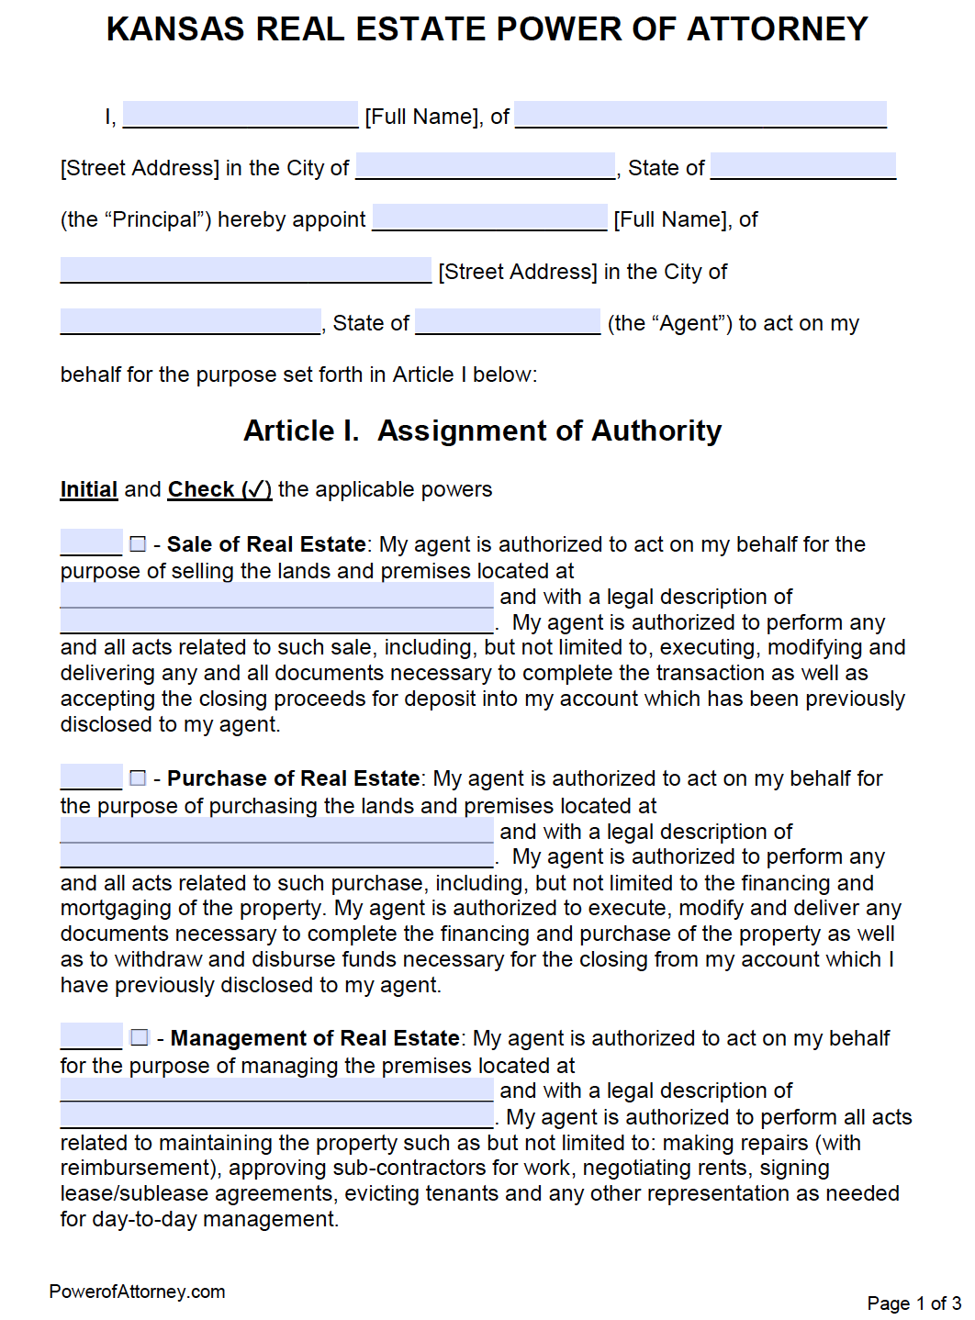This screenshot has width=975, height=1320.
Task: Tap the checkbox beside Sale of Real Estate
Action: coord(138,544)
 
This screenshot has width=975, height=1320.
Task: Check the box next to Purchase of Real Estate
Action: coord(138,778)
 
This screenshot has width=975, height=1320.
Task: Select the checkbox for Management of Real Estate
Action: coord(140,1037)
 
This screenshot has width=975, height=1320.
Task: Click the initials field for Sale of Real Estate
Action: coord(91,543)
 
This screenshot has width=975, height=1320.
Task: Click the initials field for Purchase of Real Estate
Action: coord(91,777)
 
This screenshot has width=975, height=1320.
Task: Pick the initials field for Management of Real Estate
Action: coord(91,1036)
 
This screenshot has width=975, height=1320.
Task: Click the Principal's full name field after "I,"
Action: coord(240,115)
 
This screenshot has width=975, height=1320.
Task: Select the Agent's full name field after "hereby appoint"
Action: coord(489,218)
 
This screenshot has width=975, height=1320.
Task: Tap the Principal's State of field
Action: coord(802,166)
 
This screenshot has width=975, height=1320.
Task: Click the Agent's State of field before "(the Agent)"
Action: coord(508,321)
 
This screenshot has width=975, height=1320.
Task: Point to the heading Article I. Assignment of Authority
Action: coord(482,431)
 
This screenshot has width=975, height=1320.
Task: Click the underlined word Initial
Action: coord(89,489)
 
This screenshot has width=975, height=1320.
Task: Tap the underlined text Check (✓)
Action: coord(219,489)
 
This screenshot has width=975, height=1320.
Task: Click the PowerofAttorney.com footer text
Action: coord(137,1292)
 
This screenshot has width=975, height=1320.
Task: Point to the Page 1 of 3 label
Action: coord(913,1303)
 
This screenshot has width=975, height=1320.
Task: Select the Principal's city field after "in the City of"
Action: coord(485,166)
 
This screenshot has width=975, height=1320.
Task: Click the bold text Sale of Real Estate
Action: coord(266,544)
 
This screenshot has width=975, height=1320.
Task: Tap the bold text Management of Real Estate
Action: coord(315,1038)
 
